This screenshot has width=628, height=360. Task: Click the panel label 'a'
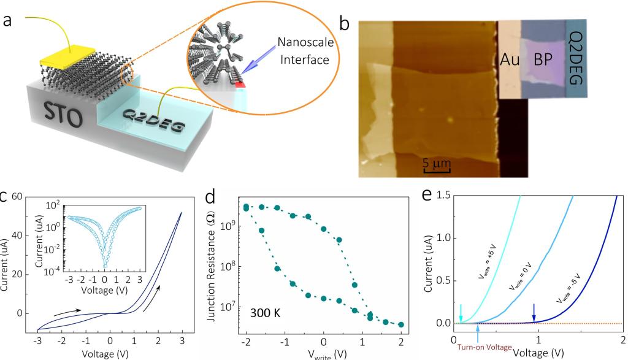(x=9, y=20)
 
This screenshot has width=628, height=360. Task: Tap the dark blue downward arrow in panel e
(x=534, y=310)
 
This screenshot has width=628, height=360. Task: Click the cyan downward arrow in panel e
(x=461, y=311)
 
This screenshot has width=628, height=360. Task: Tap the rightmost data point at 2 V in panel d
(x=401, y=324)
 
